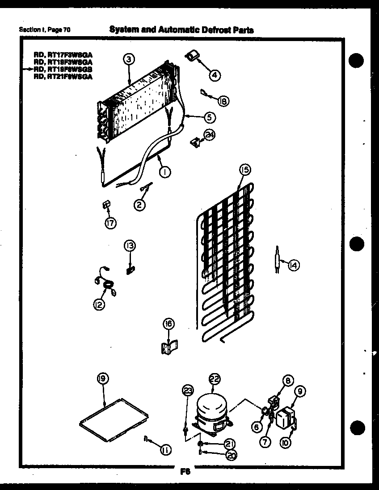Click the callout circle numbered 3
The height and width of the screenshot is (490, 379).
[128, 58]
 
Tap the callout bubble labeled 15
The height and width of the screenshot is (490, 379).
[244, 170]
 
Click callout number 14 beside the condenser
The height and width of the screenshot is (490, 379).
[293, 266]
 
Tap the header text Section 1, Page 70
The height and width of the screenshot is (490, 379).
[45, 30]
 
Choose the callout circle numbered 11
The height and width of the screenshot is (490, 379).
[165, 451]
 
